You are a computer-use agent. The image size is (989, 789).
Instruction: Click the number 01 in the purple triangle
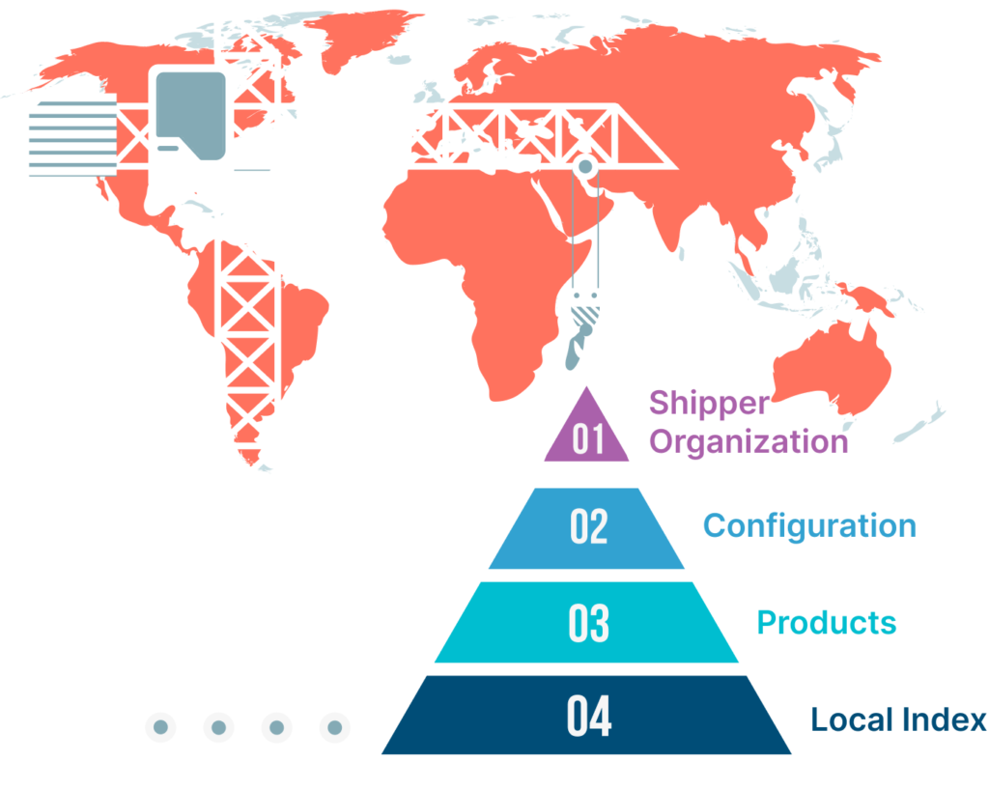[x=588, y=438]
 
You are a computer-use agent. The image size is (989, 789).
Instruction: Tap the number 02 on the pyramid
[x=588, y=526]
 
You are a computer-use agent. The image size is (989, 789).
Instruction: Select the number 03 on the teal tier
[x=588, y=623]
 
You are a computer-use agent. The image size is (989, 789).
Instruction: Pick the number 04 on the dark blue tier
[x=589, y=716]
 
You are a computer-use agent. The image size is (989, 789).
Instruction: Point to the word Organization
[x=749, y=442]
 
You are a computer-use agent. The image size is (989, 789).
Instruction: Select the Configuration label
[x=810, y=526]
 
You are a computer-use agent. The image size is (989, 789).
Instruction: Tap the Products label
[x=827, y=623]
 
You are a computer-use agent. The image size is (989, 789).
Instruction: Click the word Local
[x=852, y=719]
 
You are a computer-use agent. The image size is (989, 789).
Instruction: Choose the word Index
[x=945, y=719]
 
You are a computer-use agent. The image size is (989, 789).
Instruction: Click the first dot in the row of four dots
[x=161, y=727]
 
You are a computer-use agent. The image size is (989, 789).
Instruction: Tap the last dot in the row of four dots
[x=335, y=727]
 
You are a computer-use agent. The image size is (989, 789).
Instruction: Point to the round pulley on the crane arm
[x=585, y=167]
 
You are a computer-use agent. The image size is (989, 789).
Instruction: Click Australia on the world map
[x=833, y=366]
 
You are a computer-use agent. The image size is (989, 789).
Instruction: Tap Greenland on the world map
[x=359, y=38]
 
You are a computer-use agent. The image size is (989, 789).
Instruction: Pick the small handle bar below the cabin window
[x=168, y=148]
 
